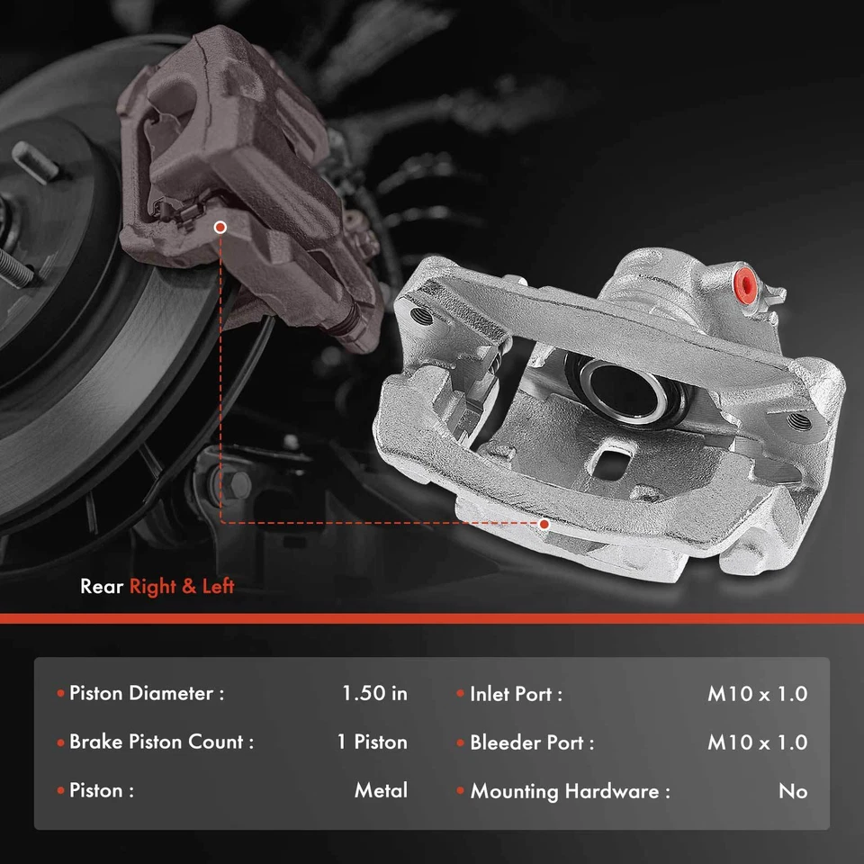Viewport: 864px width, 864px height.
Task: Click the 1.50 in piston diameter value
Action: click(x=374, y=694)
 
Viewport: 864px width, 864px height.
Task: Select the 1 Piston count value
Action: click(x=372, y=742)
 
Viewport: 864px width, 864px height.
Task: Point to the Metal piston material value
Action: click(x=381, y=791)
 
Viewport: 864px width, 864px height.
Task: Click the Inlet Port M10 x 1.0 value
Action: click(x=757, y=694)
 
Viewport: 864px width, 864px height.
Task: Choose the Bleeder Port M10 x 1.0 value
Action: click(x=757, y=742)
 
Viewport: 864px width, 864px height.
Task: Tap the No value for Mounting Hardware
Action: click(x=793, y=791)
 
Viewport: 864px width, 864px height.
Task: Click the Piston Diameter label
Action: click(x=146, y=694)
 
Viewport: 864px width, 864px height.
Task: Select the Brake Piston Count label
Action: click(x=161, y=742)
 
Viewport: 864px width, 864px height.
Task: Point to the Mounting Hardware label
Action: click(x=570, y=792)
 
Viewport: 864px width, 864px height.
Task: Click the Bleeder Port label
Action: click(x=532, y=743)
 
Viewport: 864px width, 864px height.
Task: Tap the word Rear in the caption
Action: click(x=102, y=587)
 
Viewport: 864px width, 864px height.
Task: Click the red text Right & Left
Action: click(x=182, y=587)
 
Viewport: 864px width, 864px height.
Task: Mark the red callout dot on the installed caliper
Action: click(x=220, y=229)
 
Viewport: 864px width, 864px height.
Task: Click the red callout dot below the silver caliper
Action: click(x=544, y=523)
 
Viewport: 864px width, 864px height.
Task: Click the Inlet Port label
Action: click(x=516, y=695)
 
